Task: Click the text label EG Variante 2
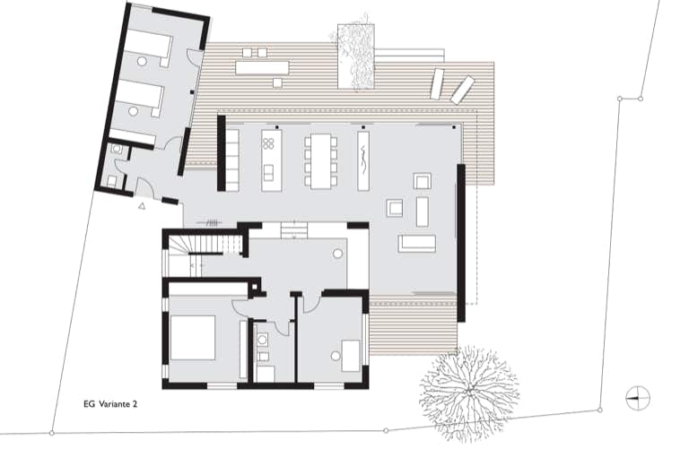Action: pyautogui.click(x=110, y=404)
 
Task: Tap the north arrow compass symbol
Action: pyautogui.click(x=638, y=398)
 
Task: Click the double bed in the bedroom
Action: pyautogui.click(x=193, y=338)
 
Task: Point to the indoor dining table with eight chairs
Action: pyautogui.click(x=320, y=161)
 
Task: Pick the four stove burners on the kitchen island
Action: pyautogui.click(x=268, y=142)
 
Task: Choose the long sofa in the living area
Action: pyautogui.click(x=417, y=244)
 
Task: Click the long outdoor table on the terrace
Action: pyautogui.click(x=262, y=67)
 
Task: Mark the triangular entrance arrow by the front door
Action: pyautogui.click(x=142, y=205)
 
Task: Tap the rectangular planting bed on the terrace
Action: pyautogui.click(x=356, y=56)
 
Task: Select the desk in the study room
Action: pyautogui.click(x=351, y=356)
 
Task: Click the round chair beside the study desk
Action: pyautogui.click(x=336, y=356)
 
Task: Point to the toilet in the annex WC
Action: pyautogui.click(x=116, y=150)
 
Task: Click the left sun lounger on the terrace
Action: pyautogui.click(x=437, y=84)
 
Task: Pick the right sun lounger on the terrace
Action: pyautogui.click(x=462, y=90)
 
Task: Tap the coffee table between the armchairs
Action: pyautogui.click(x=422, y=212)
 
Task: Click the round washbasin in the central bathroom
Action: pyautogui.click(x=263, y=340)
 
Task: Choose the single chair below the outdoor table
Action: pyautogui.click(x=277, y=83)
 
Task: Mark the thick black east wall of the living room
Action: pyautogui.click(x=461, y=243)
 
